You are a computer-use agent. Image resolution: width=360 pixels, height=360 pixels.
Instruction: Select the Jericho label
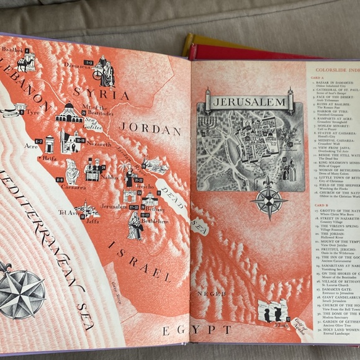pyautogui.click(x=143, y=186)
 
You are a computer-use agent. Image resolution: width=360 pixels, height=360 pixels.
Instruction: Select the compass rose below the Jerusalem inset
pyautogui.click(x=268, y=201)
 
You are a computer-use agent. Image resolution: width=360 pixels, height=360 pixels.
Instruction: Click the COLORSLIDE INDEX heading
pyautogui.click(x=335, y=70)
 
